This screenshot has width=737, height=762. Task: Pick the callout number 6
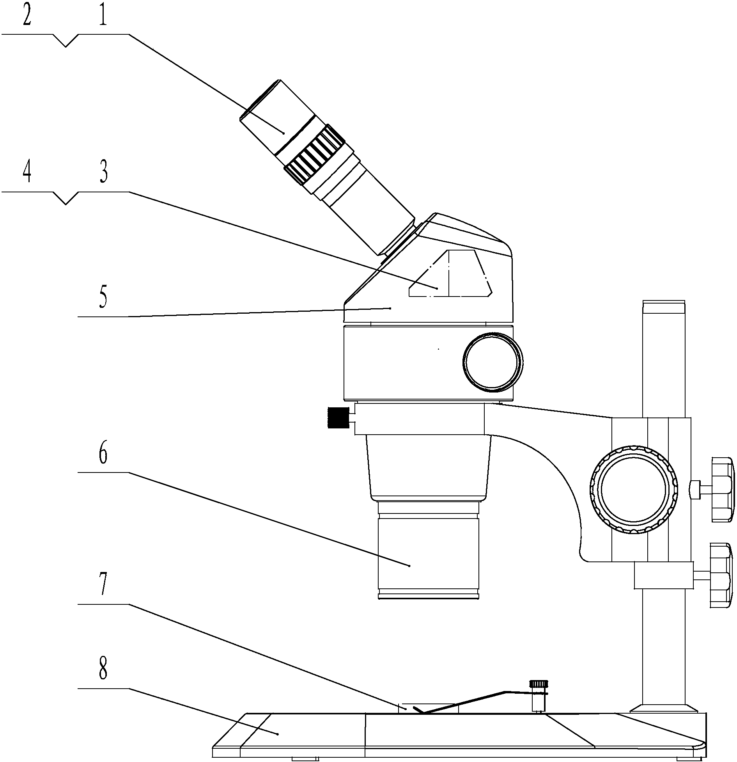coord(103,453)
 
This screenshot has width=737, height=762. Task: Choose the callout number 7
coord(103,584)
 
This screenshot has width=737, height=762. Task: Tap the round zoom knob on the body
coord(493,362)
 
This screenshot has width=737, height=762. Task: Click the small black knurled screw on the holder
coord(338,418)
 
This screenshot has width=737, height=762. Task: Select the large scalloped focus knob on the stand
coord(634,489)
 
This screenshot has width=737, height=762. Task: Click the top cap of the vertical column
coord(664,307)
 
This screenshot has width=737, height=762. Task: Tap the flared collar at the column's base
coord(664,708)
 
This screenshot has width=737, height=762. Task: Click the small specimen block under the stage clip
coord(429,708)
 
